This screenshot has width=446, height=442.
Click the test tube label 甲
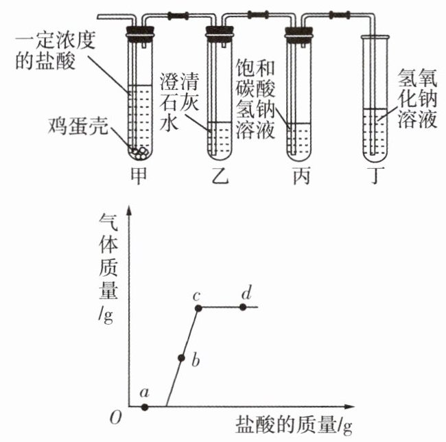coord(138,176)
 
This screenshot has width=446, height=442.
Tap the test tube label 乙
coord(220,176)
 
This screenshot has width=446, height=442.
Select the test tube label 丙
coord(301,176)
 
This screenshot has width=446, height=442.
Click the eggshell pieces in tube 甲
coord(139,153)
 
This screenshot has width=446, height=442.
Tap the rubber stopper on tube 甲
coord(140,33)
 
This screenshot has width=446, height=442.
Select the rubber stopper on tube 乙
coord(220,33)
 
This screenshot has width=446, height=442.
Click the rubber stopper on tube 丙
coord(298,33)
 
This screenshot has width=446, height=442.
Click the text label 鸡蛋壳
coord(78,126)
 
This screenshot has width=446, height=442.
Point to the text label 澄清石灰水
coord(179,101)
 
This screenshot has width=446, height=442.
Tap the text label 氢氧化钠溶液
coord(417,98)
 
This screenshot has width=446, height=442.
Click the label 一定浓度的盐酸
coord(56,51)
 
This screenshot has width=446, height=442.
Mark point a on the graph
coord(145,407)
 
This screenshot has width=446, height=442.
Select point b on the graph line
coord(181,358)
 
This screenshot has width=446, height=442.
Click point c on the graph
coord(198,308)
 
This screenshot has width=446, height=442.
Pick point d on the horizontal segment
coord(243,307)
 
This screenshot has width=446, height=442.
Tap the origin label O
coord(115,418)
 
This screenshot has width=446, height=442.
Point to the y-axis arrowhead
coord(130,210)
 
